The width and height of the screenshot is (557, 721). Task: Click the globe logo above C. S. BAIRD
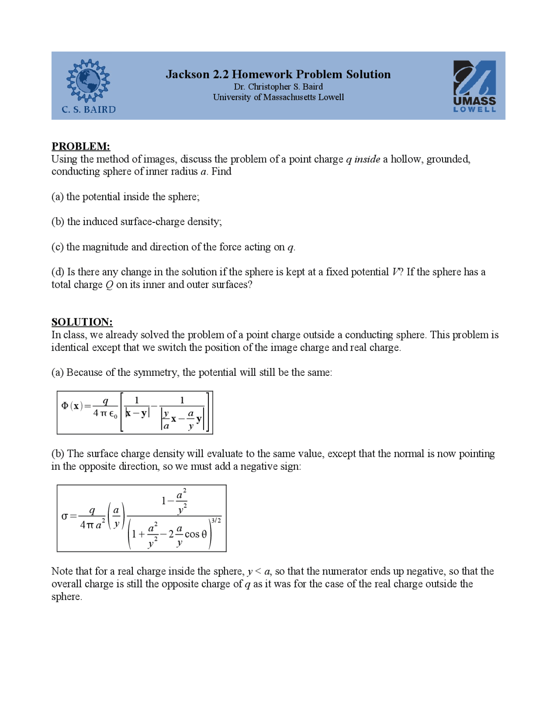88,81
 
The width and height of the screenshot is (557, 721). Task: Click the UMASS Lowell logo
474,86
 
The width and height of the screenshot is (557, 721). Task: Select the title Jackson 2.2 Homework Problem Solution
278,74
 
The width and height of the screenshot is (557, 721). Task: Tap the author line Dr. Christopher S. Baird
278,87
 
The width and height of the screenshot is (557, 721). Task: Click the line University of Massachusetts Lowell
278,97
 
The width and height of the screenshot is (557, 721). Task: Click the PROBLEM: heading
81,146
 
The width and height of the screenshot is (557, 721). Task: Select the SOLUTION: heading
82,322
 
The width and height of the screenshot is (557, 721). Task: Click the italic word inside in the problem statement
367,159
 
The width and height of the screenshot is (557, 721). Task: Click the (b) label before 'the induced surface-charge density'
58,222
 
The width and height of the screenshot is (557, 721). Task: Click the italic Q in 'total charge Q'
109,285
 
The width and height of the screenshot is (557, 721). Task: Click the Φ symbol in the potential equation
65,406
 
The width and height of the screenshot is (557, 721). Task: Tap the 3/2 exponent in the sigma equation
216,521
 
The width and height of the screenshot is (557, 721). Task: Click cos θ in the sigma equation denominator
195,534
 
